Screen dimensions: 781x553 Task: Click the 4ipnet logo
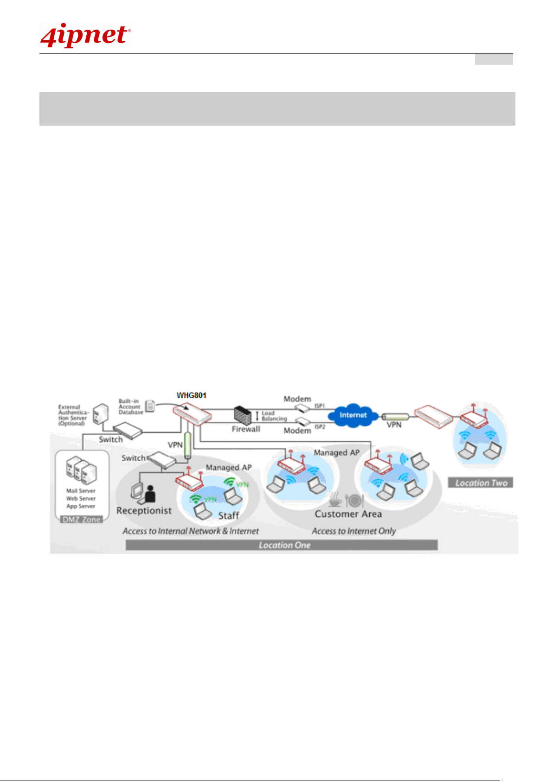pyautogui.click(x=85, y=36)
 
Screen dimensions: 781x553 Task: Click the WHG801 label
pyautogui.click(x=191, y=395)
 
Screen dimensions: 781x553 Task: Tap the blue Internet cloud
pyautogui.click(x=353, y=415)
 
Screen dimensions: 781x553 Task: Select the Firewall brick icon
pyautogui.click(x=243, y=415)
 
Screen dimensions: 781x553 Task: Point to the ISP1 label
pyautogui.click(x=320, y=406)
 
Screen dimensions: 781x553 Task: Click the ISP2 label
pyautogui.click(x=320, y=426)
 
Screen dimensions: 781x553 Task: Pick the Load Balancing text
pyautogui.click(x=274, y=416)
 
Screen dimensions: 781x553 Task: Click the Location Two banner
pyautogui.click(x=481, y=483)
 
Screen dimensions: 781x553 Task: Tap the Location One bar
pyautogui.click(x=282, y=545)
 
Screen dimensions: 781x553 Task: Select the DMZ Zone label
pyautogui.click(x=82, y=520)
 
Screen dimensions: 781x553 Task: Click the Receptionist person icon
pyautogui.click(x=149, y=494)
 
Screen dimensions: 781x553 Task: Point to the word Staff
pyautogui.click(x=229, y=515)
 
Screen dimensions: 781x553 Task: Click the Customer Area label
pyautogui.click(x=348, y=514)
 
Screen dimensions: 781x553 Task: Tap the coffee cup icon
pyautogui.click(x=335, y=500)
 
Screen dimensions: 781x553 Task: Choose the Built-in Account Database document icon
pyautogui.click(x=150, y=406)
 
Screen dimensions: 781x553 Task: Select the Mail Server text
pyautogui.click(x=81, y=490)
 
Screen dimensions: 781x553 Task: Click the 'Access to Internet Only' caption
pyautogui.click(x=354, y=531)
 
